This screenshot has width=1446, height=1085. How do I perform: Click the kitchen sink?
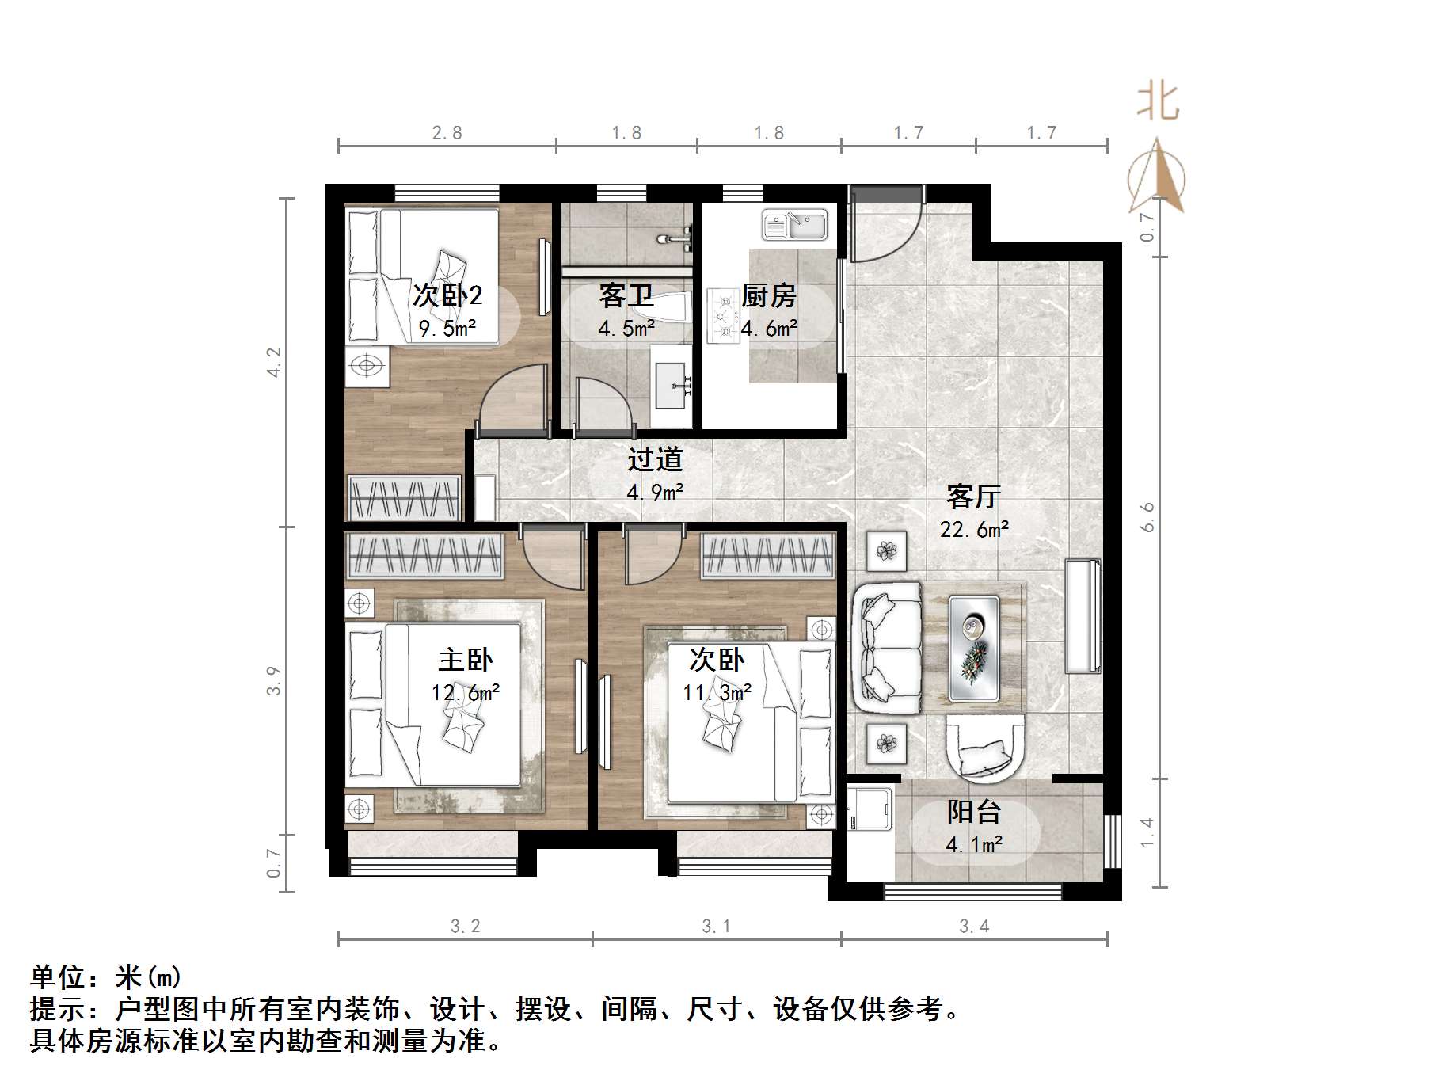[794, 225]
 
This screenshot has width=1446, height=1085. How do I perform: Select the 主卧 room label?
[466, 660]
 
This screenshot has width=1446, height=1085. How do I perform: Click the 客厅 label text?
[973, 497]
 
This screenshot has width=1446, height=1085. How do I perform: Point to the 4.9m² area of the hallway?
[655, 493]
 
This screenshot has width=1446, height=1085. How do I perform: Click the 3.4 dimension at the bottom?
[974, 926]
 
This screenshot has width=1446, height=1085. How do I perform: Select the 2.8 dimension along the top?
[447, 132]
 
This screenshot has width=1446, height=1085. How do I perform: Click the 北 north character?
[1158, 103]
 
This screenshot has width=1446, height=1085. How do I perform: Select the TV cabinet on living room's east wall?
[1083, 615]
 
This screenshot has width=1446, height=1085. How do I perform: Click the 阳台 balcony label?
[973, 812]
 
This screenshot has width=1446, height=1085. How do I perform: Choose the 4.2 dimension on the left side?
[274, 362]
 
